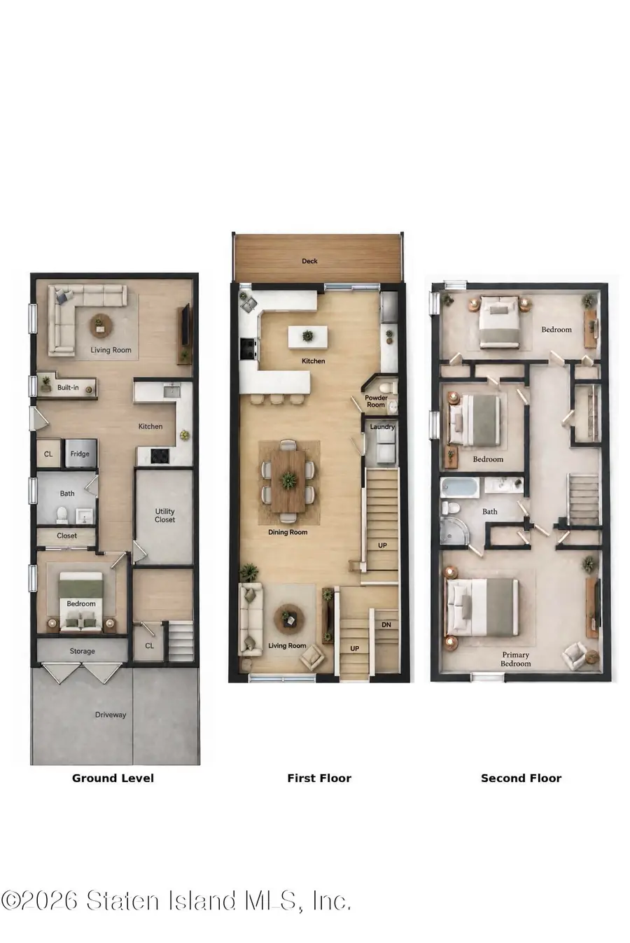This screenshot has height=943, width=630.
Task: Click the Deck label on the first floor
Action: coord(309,261)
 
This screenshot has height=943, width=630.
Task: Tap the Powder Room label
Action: coord(376,400)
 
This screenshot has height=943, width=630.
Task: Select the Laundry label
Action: coord(382,426)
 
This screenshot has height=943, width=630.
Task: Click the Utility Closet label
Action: coord(164,515)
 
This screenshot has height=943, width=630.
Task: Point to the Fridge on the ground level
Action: coord(80,454)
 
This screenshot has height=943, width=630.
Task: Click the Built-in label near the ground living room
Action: coord(68,387)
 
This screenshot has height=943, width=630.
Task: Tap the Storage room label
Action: coord(82,651)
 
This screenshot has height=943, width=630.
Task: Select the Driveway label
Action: coord(111,714)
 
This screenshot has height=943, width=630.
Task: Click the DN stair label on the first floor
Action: coord(386,624)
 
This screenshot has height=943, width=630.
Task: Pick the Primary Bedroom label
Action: coord(515,659)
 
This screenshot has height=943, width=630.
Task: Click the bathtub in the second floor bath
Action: coord(460,487)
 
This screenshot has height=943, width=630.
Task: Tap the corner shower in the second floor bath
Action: coord(453,533)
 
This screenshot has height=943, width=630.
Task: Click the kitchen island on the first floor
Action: coord(307,337)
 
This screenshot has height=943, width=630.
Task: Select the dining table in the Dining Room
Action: coord(288,481)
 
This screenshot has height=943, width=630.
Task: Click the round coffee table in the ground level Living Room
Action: coord(101,326)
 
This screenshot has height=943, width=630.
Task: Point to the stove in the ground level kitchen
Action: coord(160,455)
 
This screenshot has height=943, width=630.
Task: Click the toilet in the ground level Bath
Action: coord(62,514)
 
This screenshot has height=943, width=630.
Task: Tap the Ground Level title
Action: coord(113,778)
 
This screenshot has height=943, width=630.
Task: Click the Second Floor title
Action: coord(521,778)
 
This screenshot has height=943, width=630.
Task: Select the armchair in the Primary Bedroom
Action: coord(575,656)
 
